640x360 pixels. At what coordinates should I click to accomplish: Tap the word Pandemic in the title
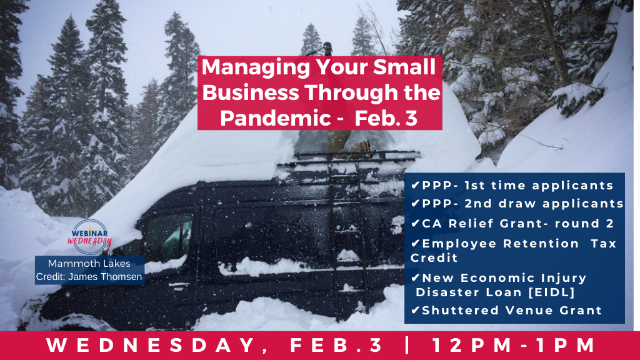(275, 118)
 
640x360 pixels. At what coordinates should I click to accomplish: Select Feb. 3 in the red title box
(386, 118)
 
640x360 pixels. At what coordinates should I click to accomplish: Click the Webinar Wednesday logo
(89, 237)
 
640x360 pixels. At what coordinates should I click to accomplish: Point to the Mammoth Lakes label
(89, 263)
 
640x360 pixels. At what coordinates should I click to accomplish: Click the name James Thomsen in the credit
(105, 277)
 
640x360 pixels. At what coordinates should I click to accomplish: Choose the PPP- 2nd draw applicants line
(517, 203)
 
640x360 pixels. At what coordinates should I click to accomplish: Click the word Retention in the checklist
(541, 244)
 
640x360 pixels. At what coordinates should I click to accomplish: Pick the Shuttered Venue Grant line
(506, 310)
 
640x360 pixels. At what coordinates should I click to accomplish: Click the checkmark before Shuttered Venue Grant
(416, 310)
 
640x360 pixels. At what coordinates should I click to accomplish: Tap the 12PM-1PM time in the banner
(513, 345)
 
